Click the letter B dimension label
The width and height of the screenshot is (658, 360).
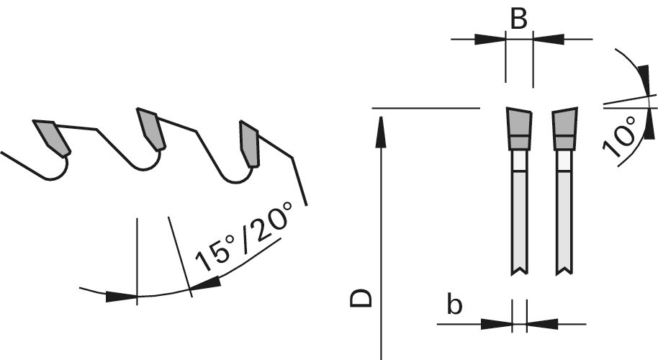pyautogui.click(x=518, y=19)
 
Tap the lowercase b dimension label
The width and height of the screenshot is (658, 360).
pyautogui.click(x=454, y=305)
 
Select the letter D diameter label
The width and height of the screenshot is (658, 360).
pyautogui.click(x=361, y=298)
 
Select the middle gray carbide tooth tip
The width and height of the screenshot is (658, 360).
pyautogui.click(x=151, y=129)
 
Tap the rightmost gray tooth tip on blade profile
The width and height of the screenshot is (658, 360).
pyautogui.click(x=249, y=144)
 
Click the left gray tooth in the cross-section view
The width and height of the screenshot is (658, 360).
pyautogui.click(x=519, y=128)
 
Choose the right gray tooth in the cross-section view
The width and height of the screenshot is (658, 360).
pyautogui.click(x=564, y=128)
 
